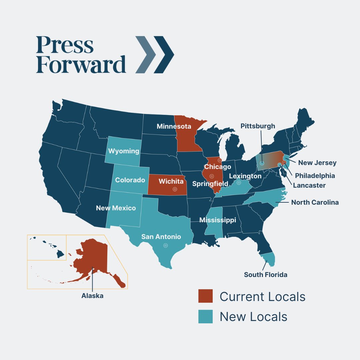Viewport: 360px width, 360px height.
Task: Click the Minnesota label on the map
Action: tap(174, 127)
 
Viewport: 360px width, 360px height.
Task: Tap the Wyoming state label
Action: tap(124, 151)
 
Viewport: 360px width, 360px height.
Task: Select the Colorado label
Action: tap(130, 180)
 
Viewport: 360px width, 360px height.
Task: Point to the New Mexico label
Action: tap(116, 208)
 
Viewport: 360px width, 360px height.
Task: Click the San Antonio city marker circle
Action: tap(165, 245)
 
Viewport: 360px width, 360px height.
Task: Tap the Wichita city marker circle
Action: tap(175, 189)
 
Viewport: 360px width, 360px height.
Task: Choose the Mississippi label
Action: tap(218, 220)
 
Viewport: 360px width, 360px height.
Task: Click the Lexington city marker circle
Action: tap(239, 182)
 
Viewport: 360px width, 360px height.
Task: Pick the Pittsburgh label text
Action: tap(258, 126)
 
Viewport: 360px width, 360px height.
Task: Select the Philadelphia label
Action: tap(315, 175)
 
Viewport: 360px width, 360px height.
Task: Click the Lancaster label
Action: tap(309, 185)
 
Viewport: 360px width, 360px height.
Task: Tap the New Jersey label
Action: tap(317, 163)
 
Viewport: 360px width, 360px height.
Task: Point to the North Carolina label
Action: tap(315, 202)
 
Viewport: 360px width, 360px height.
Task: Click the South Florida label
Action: tap(266, 275)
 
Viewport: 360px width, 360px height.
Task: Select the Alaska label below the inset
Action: tap(92, 296)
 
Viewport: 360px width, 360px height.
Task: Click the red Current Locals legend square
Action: tap(205, 296)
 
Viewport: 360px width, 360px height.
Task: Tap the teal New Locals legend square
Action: tap(205, 316)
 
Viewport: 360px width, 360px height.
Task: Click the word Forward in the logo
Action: tap(81, 65)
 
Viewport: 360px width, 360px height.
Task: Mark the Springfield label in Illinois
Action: tap(210, 184)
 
